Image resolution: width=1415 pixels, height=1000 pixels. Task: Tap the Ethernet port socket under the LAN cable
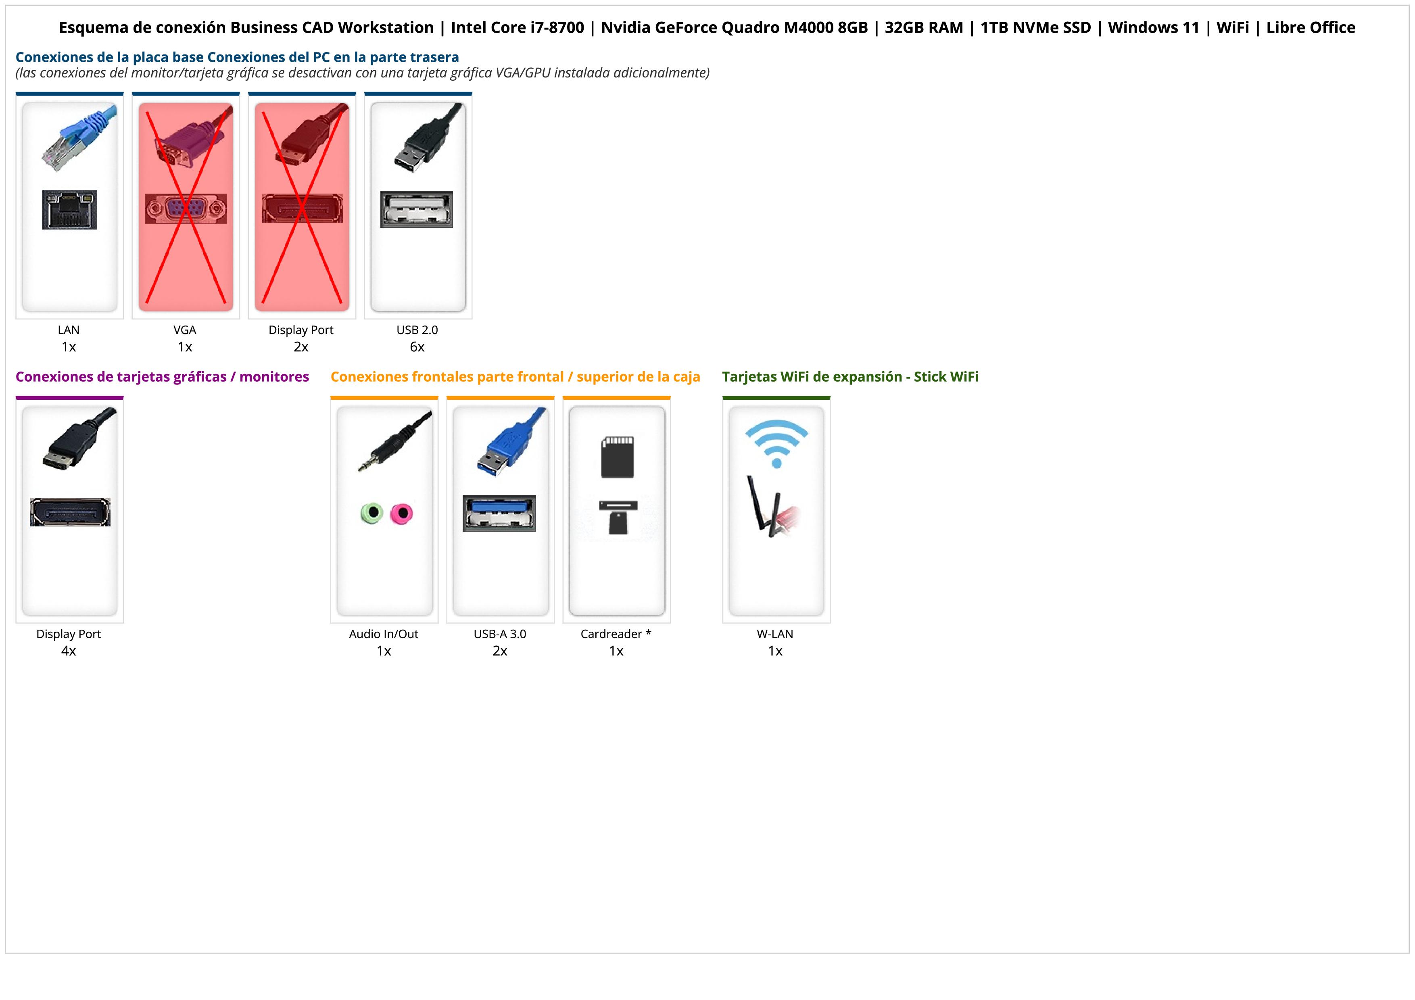(x=70, y=209)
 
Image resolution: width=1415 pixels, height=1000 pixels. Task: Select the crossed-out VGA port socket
(x=186, y=209)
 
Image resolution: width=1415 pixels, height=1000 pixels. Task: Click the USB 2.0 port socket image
(x=417, y=209)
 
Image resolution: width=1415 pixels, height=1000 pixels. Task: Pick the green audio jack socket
(x=372, y=513)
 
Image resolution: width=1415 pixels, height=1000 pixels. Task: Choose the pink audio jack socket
(x=402, y=513)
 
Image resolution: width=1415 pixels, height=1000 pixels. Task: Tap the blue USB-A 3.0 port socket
(x=499, y=513)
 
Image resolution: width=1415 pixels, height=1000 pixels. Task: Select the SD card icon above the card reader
(x=617, y=457)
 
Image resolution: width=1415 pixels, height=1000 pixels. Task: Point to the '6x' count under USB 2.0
(x=417, y=347)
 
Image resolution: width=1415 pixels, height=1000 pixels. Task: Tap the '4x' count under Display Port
(x=69, y=651)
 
